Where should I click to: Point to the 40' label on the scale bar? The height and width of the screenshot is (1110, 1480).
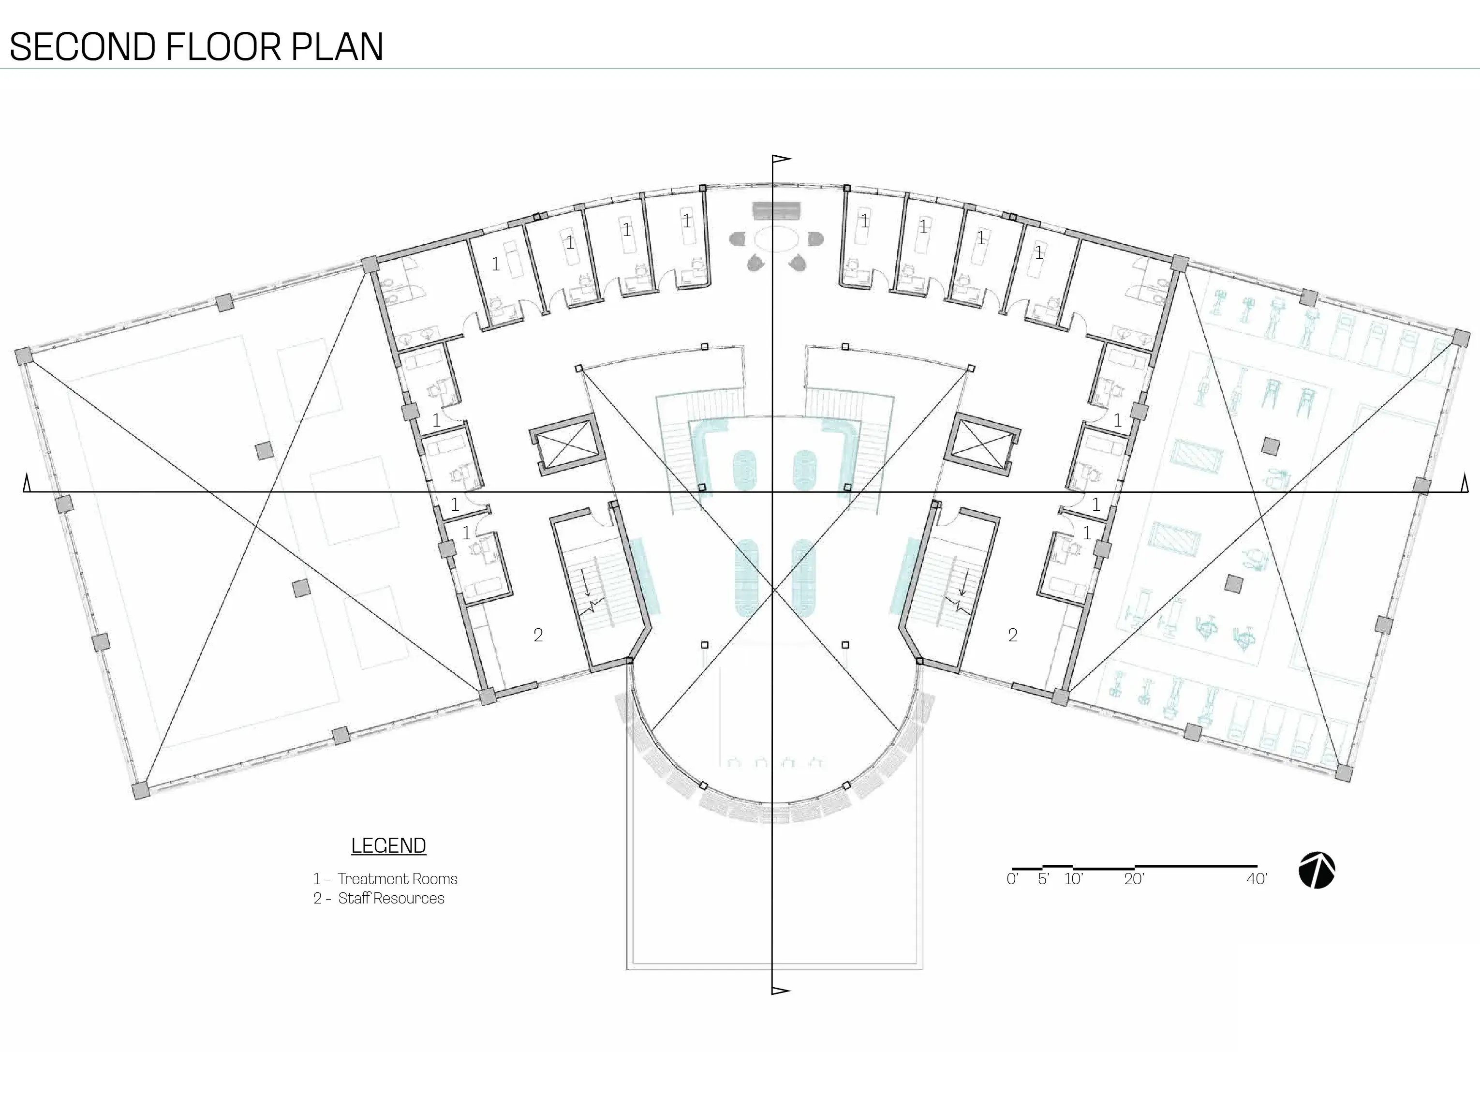click(1257, 879)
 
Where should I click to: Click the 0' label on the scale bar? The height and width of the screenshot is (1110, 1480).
click(1012, 879)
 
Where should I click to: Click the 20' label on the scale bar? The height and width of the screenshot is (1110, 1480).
click(1134, 879)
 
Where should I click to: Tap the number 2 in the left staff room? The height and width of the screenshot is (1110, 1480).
click(538, 635)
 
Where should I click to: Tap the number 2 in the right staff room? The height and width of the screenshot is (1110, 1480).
click(1012, 635)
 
